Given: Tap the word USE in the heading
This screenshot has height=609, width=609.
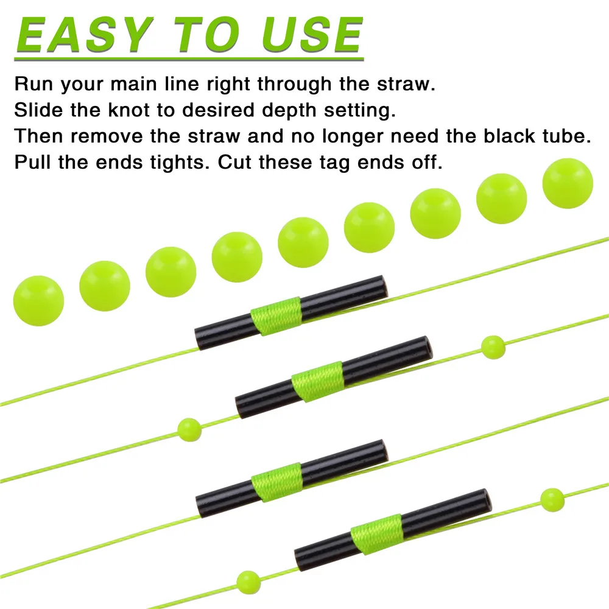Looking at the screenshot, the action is pos(312,35).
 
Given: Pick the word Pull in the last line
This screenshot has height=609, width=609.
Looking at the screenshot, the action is pos(32,162).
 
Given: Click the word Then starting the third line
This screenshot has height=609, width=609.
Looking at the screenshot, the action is pos(38,136).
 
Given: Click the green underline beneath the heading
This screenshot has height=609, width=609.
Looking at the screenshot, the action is pos(189,59).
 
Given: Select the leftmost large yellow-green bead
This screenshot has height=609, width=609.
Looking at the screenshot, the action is pos(38,301).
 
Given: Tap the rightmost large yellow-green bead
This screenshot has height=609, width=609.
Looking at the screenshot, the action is pos(568,183).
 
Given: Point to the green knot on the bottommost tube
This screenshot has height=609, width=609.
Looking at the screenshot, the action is pos(377,534).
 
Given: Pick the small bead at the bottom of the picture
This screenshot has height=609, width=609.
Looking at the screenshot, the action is pos(248,583).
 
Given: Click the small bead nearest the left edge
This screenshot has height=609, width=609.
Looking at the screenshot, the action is pos(189,430).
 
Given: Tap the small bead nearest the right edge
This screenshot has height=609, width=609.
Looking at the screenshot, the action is pos(552,500).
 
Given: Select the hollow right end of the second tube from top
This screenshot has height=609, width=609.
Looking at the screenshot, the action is pos(426,345).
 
